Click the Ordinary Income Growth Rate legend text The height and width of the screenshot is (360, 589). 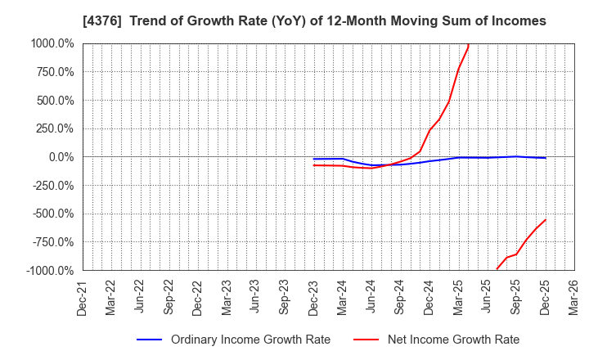[250, 340]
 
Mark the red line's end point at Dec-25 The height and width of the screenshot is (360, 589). [545, 219]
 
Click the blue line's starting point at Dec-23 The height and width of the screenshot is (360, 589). [314, 159]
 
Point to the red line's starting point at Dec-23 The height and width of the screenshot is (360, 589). [314, 165]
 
